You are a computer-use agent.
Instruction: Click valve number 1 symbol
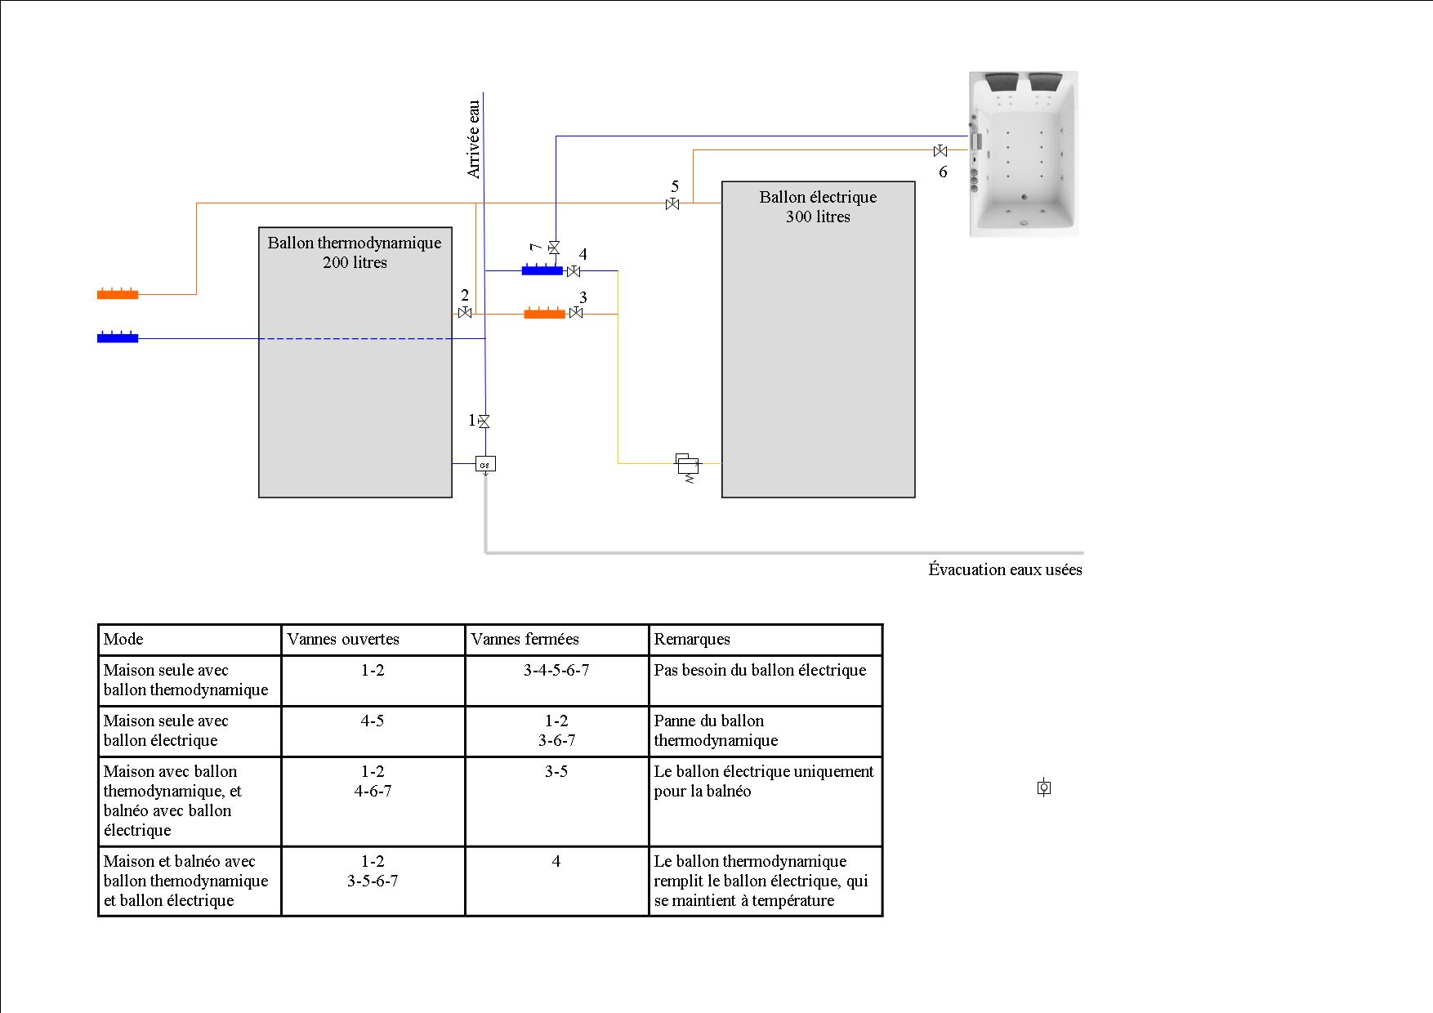(484, 422)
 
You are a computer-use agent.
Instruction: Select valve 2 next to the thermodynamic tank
(465, 313)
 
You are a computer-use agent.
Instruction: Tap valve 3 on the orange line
(576, 313)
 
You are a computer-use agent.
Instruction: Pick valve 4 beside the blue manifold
(574, 270)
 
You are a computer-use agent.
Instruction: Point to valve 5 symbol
(672, 203)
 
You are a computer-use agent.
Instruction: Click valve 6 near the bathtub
(940, 151)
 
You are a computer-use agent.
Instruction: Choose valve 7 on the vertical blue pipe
(554, 247)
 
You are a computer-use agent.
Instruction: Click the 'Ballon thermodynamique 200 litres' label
(355, 252)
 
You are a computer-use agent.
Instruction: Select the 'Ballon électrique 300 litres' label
(818, 207)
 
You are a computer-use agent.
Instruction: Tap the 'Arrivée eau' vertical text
(474, 139)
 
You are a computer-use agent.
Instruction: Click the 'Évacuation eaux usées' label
(1005, 569)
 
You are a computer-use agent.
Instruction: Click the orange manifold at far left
(118, 293)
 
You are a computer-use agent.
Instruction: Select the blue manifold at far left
(118, 337)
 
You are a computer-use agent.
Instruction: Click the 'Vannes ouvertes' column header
(343, 639)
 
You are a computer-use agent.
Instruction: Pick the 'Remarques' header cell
(692, 639)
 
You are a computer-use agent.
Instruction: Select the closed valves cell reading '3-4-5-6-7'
(556, 670)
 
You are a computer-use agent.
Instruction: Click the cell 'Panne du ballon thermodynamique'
(716, 730)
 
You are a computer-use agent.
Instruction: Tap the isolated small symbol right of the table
(1043, 788)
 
